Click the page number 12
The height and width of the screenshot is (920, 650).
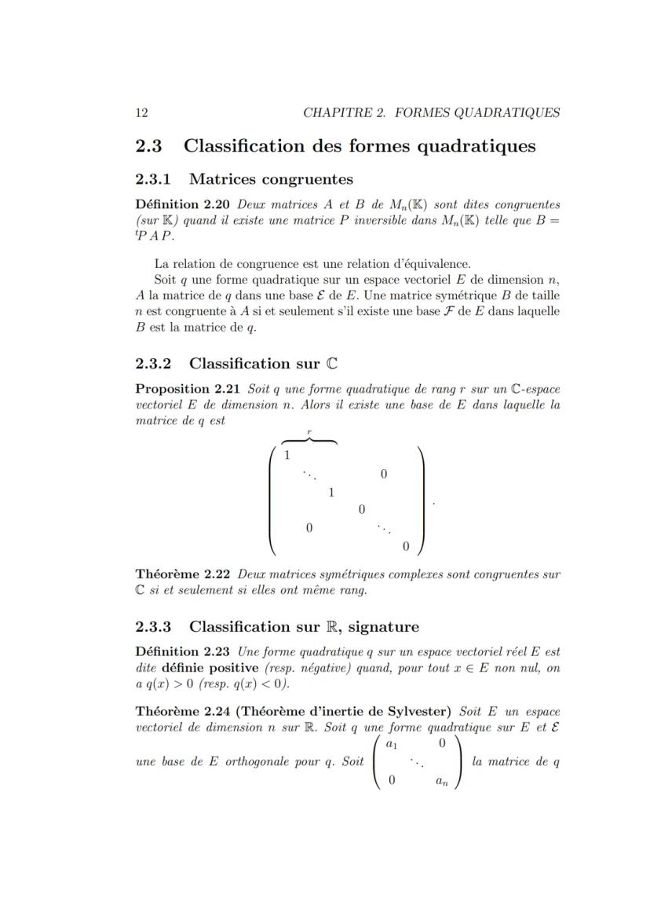[x=142, y=112]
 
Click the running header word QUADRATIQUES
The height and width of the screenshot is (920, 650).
[x=513, y=112]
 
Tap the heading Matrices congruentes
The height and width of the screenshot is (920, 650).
[x=271, y=179]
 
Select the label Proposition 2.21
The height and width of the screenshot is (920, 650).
[x=188, y=389]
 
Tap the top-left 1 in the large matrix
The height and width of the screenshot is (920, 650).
[x=288, y=456]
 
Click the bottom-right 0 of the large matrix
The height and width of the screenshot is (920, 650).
[x=405, y=545]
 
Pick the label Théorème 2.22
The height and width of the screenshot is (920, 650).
[x=184, y=574]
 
